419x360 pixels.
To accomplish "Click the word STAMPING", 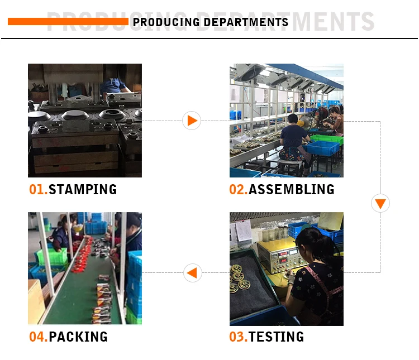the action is tap(83, 189).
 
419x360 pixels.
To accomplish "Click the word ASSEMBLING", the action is tap(291, 189).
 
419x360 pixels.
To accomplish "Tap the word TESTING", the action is tap(276, 337).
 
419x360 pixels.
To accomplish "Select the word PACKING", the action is tap(78, 337).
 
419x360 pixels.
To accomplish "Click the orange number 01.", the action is tap(38, 189).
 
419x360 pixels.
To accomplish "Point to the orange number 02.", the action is tap(238, 189).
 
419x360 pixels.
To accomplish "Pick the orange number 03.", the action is tap(238, 337).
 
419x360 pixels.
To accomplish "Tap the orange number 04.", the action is tap(38, 337).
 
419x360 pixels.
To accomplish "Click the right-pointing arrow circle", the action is tap(192, 121).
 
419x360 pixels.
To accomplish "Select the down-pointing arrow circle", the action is tap(380, 203).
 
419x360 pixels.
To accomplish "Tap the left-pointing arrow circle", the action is tap(192, 273).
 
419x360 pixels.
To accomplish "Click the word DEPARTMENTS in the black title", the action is tap(246, 22).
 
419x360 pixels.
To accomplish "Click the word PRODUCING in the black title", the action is tap(166, 22).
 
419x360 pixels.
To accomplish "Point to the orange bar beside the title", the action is tap(67, 22).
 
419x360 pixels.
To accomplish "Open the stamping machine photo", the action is tap(85, 121).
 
